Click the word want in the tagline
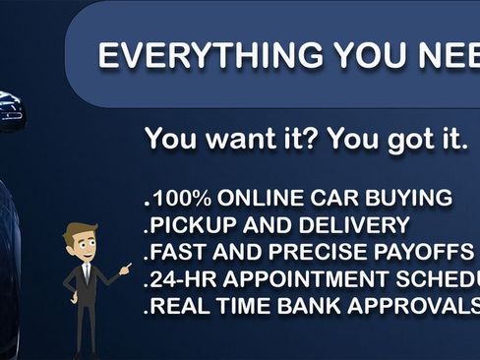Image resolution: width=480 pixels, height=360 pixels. [234, 139]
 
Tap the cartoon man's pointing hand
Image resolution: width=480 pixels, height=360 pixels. [125, 267]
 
